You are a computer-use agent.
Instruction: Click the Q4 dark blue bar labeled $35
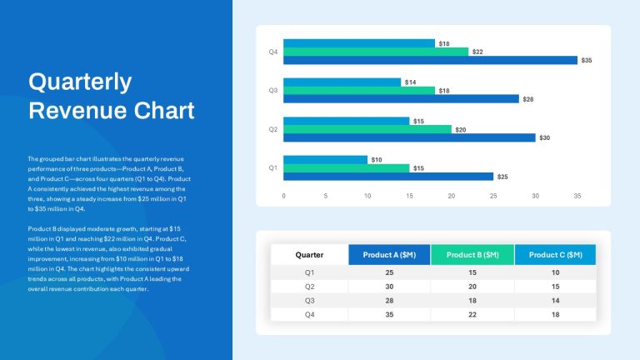tap(430, 60)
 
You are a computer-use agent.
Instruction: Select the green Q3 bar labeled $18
tap(359, 91)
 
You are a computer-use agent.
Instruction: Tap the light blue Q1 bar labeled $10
tap(325, 160)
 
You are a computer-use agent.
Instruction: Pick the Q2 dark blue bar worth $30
tap(409, 138)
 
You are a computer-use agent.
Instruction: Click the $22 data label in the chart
tap(477, 52)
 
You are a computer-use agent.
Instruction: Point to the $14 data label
tap(410, 82)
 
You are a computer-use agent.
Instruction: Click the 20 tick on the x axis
tap(452, 196)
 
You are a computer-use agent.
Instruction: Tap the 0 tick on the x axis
tap(283, 196)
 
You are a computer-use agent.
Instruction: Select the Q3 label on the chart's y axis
tap(273, 90)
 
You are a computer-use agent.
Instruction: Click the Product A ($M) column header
tap(389, 255)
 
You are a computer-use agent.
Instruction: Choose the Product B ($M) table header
tap(472, 255)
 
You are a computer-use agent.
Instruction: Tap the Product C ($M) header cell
tap(556, 255)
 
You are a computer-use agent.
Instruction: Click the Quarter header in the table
tap(309, 255)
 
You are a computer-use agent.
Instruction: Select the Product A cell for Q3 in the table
tap(389, 300)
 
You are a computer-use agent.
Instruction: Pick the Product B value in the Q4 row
tap(472, 314)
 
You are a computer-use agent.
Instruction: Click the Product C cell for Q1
tap(556, 272)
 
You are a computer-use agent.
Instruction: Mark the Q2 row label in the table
tap(310, 287)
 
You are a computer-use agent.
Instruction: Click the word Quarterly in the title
tap(80, 82)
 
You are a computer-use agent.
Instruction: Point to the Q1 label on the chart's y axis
tap(273, 167)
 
